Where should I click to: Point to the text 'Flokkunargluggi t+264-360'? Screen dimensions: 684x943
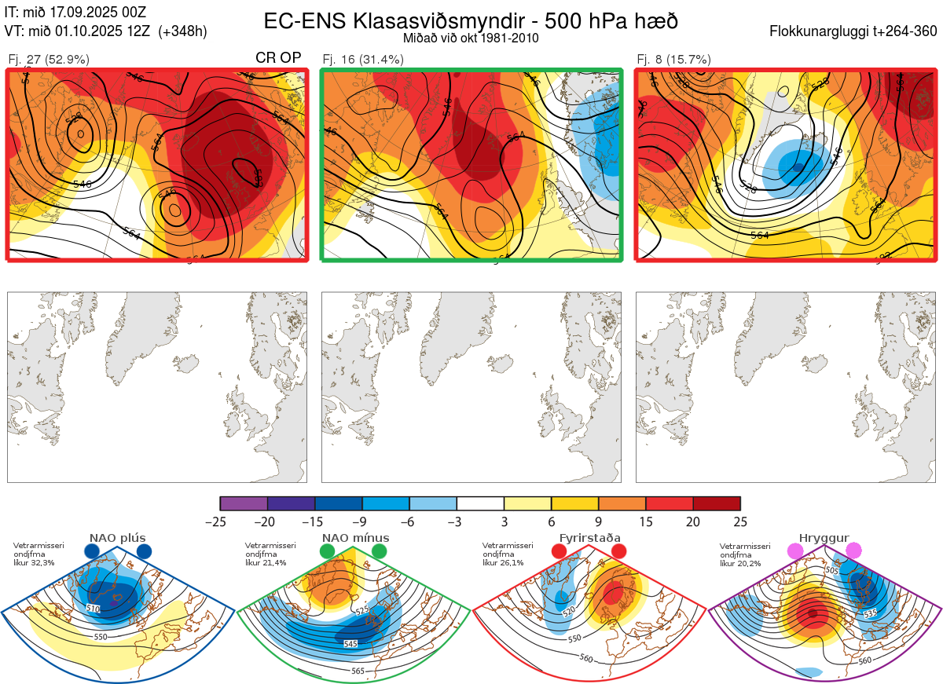point(856,31)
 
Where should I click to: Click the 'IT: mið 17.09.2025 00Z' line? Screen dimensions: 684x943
point(75,13)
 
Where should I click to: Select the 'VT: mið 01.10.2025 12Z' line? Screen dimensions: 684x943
point(105,31)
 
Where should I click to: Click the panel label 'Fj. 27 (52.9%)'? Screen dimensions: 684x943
point(49,59)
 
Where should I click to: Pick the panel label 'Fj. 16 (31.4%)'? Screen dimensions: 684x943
point(363,59)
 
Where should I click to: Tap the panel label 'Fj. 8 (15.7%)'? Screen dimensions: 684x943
point(673,59)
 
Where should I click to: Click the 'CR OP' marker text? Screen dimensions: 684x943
point(278,58)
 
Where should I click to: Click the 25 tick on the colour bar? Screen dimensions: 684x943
point(739,521)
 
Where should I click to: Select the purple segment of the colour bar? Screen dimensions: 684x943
point(244,503)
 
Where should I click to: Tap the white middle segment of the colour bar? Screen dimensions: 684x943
point(480,503)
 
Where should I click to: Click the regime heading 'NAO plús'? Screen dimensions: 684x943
point(118,538)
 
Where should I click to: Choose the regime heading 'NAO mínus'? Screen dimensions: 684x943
point(355,538)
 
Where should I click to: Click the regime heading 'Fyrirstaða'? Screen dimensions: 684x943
point(589,538)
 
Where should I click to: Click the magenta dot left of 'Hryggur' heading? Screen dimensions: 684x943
point(796,551)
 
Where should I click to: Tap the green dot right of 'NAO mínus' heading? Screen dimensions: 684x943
point(380,551)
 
